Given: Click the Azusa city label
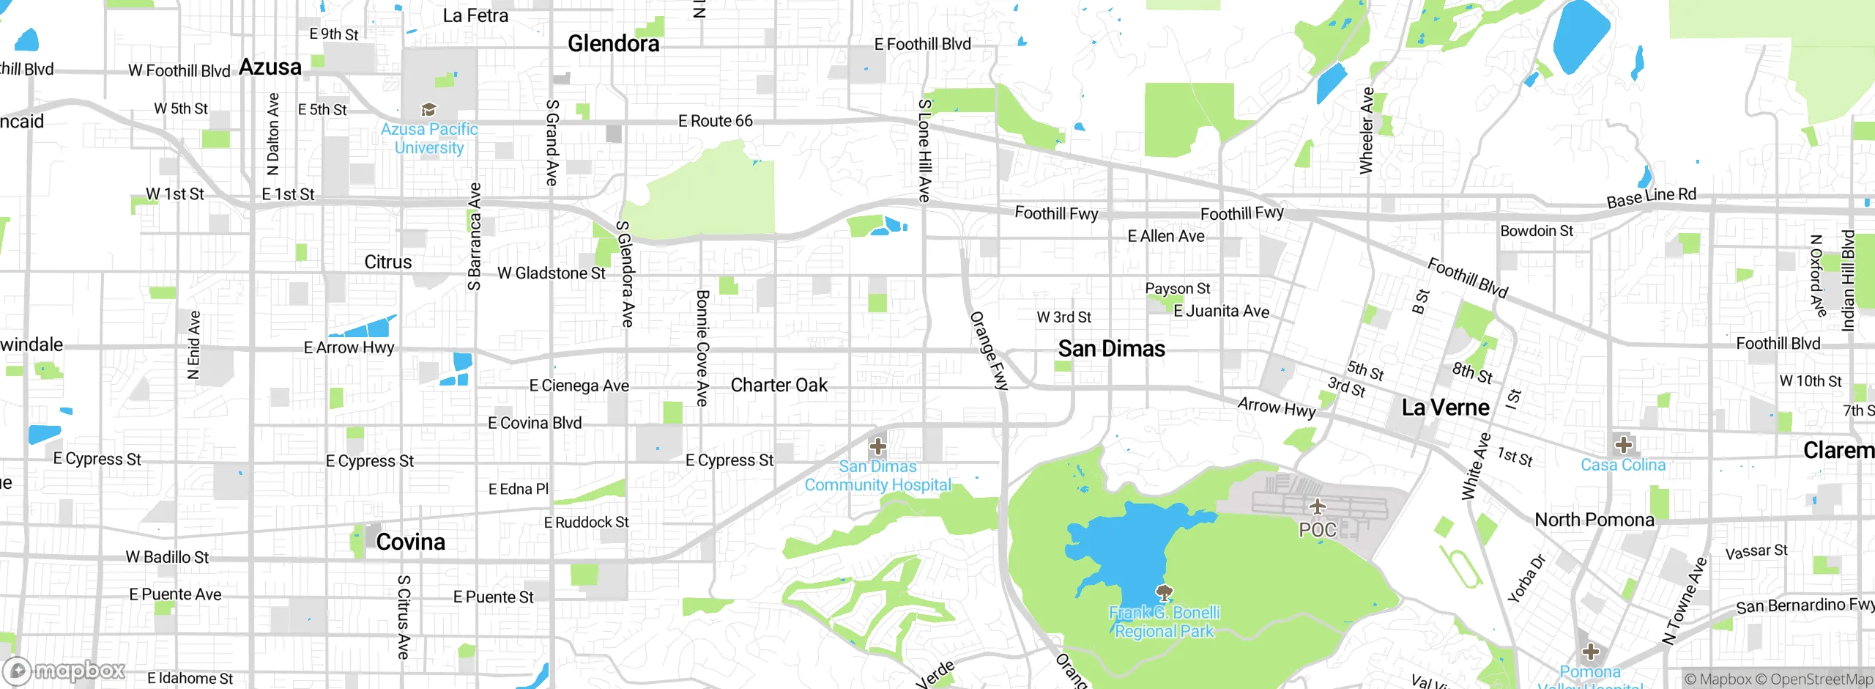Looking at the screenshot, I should [x=270, y=67].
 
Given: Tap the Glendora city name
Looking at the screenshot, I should [x=613, y=44].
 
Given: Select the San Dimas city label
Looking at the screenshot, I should [x=1111, y=349].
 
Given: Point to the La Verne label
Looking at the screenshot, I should [x=1445, y=408].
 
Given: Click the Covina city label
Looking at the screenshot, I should [x=410, y=542].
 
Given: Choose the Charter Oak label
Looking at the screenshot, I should [x=779, y=386].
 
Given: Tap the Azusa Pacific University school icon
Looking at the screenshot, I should [x=428, y=110].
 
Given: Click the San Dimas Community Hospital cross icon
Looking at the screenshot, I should [x=877, y=446].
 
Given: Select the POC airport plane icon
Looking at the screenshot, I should [x=1317, y=506].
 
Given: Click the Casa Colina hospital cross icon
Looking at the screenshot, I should [x=1623, y=445].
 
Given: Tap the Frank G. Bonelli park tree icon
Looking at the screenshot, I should [x=1164, y=592].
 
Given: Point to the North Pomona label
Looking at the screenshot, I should [x=1594, y=520].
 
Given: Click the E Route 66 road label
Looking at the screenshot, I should [x=715, y=121].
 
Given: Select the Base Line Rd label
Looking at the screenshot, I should [x=1651, y=197].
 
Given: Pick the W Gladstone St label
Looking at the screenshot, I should [x=551, y=273].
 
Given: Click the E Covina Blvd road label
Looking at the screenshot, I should [x=535, y=423].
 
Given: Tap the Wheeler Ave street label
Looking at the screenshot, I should [x=1366, y=130].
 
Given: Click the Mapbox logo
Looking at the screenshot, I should [x=64, y=671].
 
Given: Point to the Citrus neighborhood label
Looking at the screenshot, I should [x=387, y=262].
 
